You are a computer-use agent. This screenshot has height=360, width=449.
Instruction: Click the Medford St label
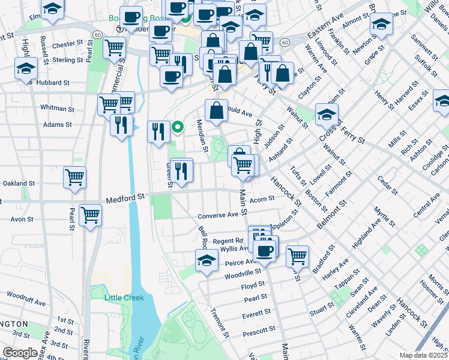(x=126, y=196)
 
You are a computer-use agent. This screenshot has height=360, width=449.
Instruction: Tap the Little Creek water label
(x=124, y=298)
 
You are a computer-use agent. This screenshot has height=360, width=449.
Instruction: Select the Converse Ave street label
(x=218, y=215)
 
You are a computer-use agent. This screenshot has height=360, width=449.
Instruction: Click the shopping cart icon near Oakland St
(x=74, y=177)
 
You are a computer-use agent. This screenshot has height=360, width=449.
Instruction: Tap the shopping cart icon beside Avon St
(x=90, y=214)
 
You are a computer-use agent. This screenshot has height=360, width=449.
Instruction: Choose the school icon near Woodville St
(x=206, y=260)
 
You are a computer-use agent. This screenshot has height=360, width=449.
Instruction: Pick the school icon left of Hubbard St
(x=26, y=68)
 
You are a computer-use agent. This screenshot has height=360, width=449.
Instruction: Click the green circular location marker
(x=178, y=127)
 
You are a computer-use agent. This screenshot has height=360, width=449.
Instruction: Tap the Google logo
(x=20, y=353)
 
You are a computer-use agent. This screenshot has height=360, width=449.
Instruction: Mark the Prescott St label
(x=259, y=329)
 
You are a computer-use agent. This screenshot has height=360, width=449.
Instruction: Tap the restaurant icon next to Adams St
(x=121, y=125)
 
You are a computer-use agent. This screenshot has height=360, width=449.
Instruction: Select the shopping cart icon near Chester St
(x=114, y=47)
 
